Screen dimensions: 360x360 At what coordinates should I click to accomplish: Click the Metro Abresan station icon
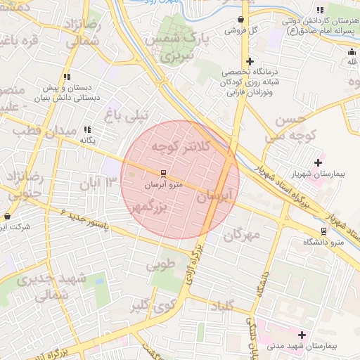tap(163, 173)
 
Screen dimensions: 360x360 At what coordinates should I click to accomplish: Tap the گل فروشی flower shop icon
tap(243, 20)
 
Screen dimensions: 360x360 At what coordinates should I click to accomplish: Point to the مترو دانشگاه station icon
tap(323, 231)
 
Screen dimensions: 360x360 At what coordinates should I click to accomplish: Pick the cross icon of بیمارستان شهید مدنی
tap(303, 335)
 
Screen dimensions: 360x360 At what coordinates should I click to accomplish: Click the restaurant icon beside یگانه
tap(88, 129)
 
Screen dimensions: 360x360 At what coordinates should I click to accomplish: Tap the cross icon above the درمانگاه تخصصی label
tap(250, 62)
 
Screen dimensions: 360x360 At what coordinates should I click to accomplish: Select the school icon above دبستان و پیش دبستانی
tap(67, 77)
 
